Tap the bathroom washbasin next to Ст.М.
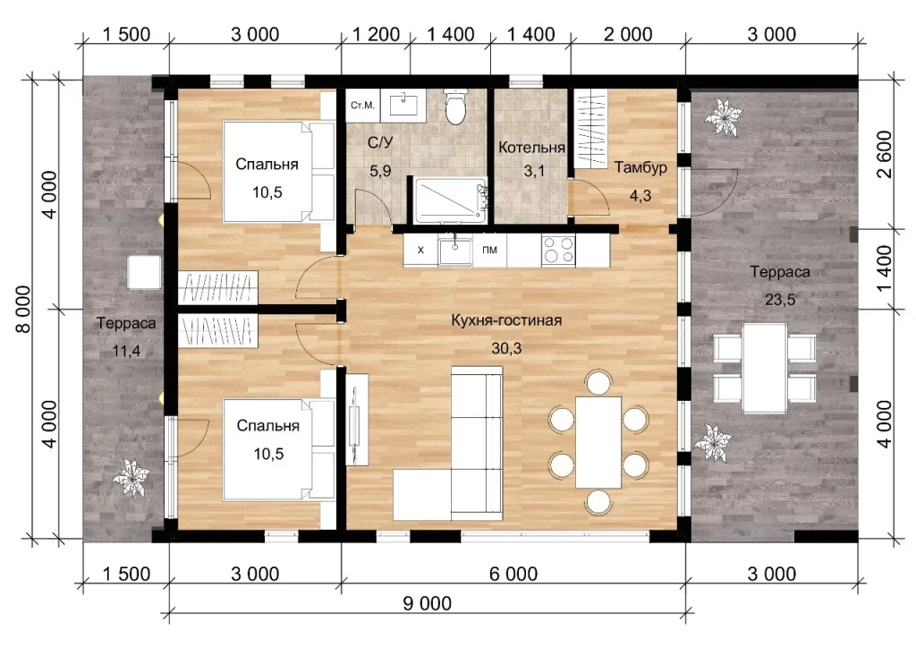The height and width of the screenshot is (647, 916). pyautogui.click(x=403, y=104)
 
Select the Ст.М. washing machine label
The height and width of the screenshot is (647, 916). pyautogui.click(x=362, y=106)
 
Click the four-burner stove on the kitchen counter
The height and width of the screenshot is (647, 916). pyautogui.click(x=558, y=251)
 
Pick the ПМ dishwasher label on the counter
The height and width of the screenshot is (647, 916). pyautogui.click(x=489, y=251)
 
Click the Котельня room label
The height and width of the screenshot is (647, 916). pyautogui.click(x=531, y=148)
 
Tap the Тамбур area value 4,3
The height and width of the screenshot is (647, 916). pyautogui.click(x=640, y=196)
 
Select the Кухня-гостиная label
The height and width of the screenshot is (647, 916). pyautogui.click(x=506, y=320)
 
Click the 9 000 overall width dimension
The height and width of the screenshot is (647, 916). pyautogui.click(x=427, y=603)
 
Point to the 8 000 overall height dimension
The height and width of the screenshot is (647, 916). pyautogui.click(x=23, y=309)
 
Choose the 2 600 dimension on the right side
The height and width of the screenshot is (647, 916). pyautogui.click(x=885, y=154)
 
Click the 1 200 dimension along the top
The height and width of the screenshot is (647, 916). pyautogui.click(x=376, y=35)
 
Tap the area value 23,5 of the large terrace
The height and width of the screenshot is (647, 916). pyautogui.click(x=780, y=300)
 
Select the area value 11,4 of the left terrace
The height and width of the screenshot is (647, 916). pyautogui.click(x=126, y=352)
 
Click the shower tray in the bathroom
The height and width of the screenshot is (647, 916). pyautogui.click(x=451, y=200)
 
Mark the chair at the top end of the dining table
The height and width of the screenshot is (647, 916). pyautogui.click(x=598, y=381)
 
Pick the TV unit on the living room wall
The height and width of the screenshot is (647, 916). pyautogui.click(x=356, y=419)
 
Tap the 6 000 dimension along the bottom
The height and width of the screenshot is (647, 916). pyautogui.click(x=513, y=574)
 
